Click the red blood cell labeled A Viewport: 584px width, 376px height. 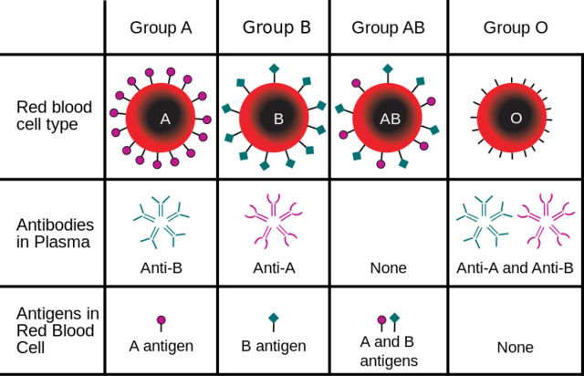161,118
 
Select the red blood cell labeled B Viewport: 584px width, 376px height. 274,118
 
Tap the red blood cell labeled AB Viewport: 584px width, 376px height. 387,118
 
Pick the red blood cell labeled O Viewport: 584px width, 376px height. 512,118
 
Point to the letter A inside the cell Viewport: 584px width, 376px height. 165,119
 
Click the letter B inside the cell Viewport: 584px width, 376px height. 278,119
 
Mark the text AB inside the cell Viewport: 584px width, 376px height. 390,119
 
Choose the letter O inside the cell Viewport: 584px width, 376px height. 516,119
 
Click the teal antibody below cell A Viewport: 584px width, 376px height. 161,222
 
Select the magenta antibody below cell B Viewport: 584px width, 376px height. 273,220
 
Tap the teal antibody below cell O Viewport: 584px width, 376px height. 484,221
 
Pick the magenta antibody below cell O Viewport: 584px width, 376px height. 546,220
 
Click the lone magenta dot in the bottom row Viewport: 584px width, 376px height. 162,319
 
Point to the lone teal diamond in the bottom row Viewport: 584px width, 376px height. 274,318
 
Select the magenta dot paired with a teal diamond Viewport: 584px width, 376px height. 381,319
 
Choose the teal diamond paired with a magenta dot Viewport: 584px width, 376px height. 395,318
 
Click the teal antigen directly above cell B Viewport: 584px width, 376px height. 274,68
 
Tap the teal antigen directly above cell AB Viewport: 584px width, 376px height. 388,68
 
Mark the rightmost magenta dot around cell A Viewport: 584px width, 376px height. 207,120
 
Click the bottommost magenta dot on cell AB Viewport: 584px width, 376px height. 381,164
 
